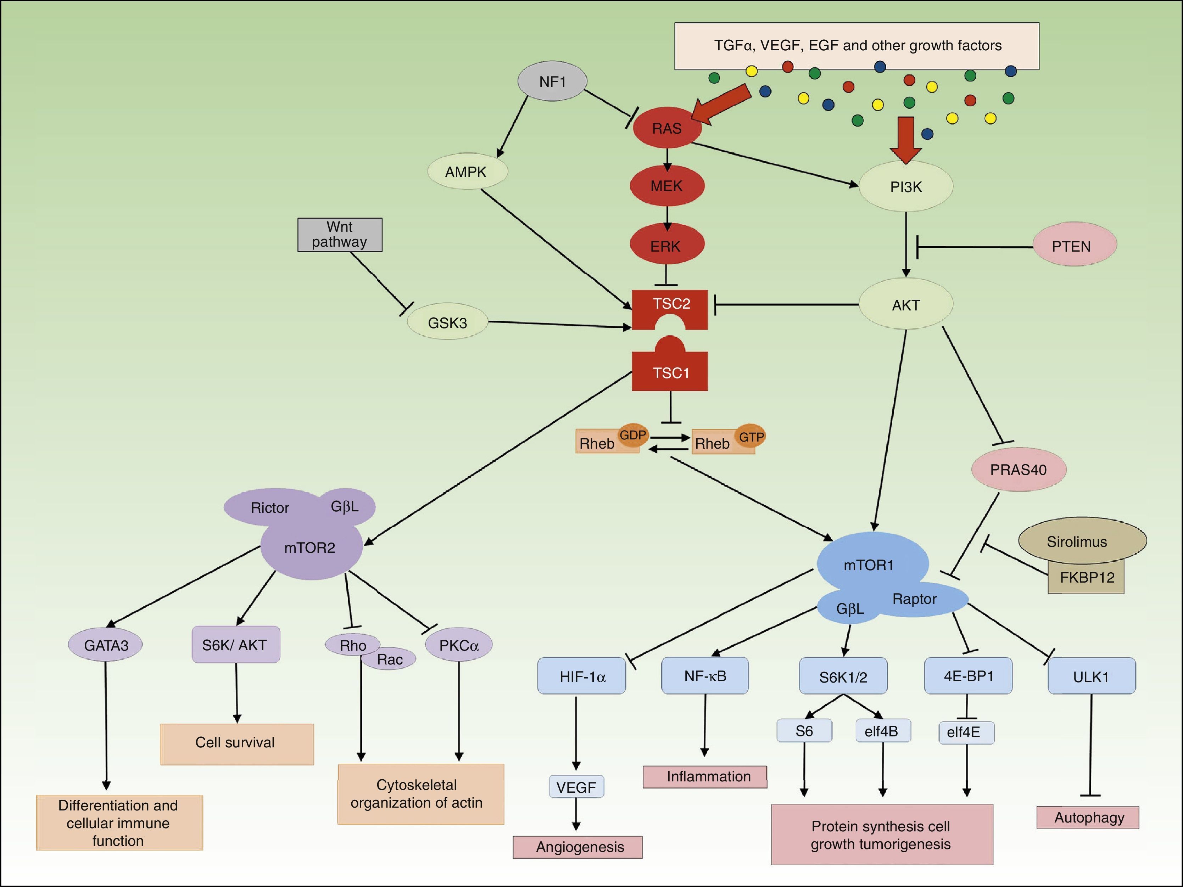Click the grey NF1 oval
tap(552, 81)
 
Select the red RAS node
tap(666, 128)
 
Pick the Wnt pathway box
tap(340, 235)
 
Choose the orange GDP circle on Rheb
tap(633, 435)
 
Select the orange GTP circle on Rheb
tap(750, 437)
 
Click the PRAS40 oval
tap(1018, 470)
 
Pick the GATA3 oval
tap(106, 645)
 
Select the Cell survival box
tap(236, 743)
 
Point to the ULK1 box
tap(1091, 677)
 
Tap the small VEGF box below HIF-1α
tap(576, 787)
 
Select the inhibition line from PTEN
tap(973, 247)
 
